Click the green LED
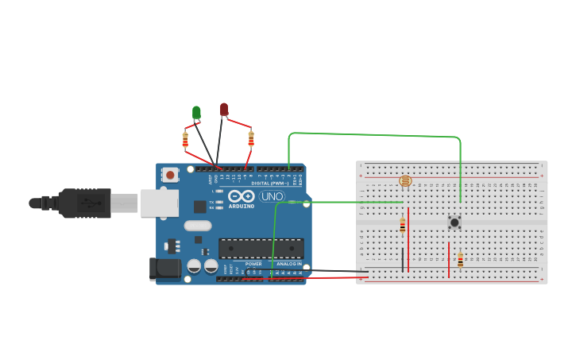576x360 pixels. (x=196, y=112)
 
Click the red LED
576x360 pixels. (x=224, y=109)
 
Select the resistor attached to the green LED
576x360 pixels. (x=185, y=140)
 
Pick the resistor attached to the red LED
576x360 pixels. (x=251, y=138)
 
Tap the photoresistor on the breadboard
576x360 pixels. (x=405, y=181)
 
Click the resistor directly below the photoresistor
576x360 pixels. (x=402, y=225)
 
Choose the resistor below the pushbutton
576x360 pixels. (x=460, y=260)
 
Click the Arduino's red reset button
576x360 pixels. (x=170, y=174)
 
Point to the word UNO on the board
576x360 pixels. (x=272, y=196)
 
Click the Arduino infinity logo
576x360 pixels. (x=241, y=195)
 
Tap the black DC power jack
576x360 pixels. (x=165, y=269)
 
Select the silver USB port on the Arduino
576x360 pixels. (x=159, y=203)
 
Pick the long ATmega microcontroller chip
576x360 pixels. (x=261, y=248)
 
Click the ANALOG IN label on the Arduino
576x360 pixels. (x=288, y=263)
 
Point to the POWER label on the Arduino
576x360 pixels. (x=253, y=263)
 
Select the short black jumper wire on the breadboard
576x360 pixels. (x=402, y=259)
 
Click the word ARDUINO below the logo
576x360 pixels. (x=241, y=206)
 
